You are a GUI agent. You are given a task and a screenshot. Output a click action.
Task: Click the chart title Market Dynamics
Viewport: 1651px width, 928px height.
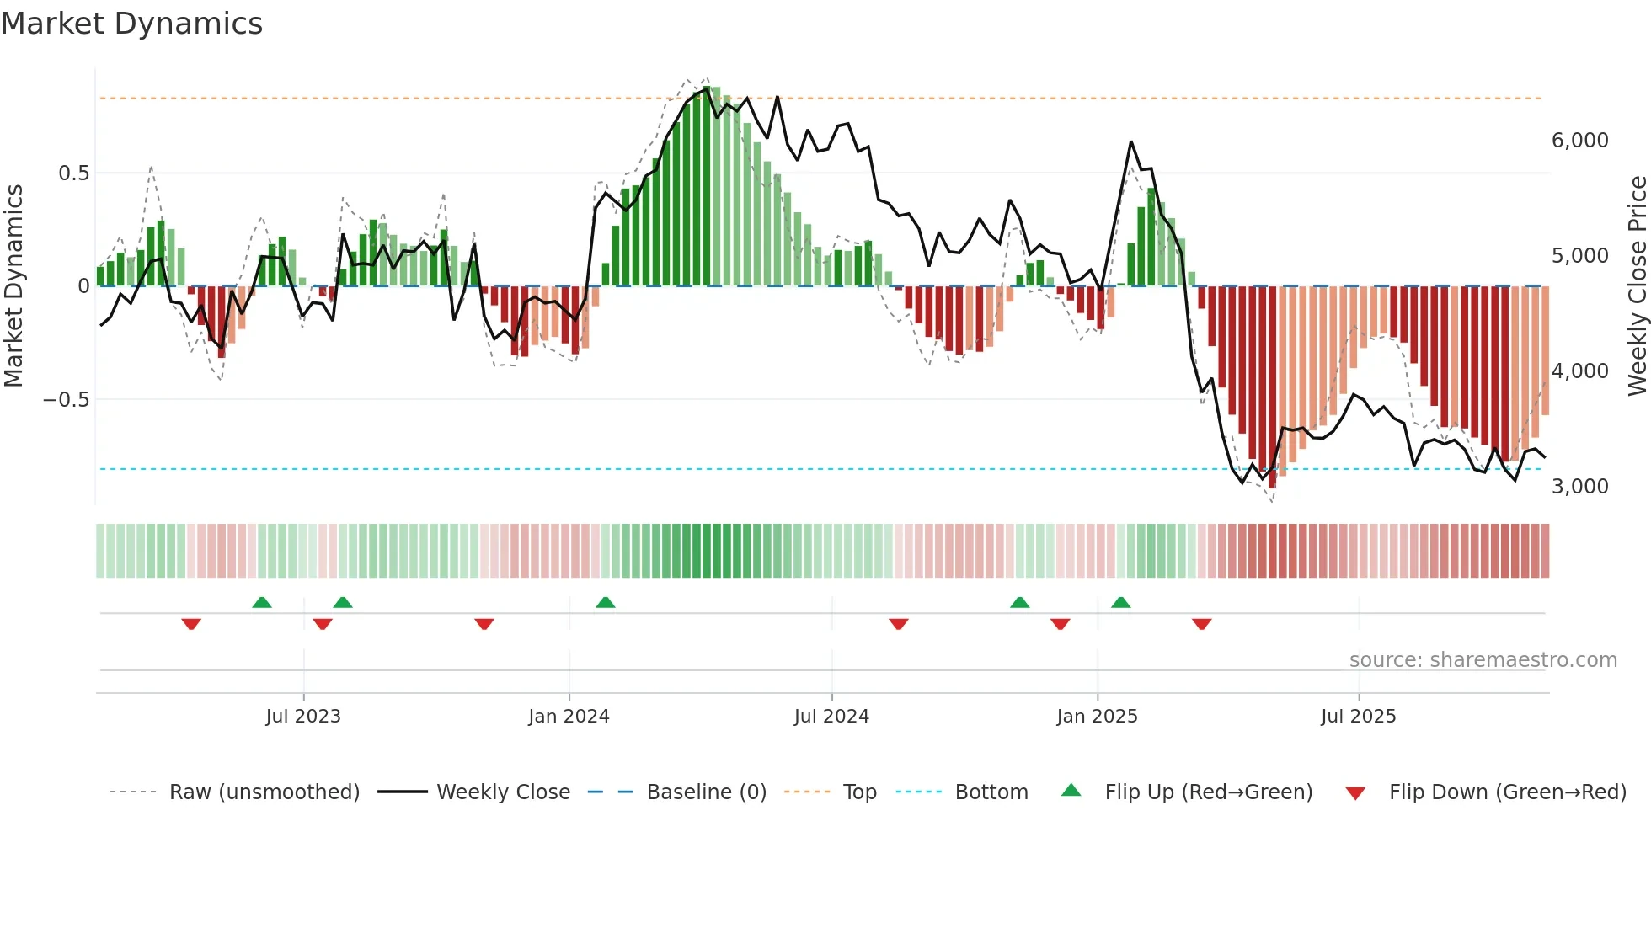coord(131,24)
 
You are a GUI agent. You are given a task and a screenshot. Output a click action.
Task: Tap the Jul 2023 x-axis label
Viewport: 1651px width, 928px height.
coord(303,717)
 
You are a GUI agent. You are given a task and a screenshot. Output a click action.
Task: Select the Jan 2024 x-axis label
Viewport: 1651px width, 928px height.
coord(569,717)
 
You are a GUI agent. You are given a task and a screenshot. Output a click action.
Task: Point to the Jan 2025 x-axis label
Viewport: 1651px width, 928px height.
coord(1097,717)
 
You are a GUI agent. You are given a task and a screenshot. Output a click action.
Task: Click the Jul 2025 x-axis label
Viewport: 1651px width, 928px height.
coord(1358,717)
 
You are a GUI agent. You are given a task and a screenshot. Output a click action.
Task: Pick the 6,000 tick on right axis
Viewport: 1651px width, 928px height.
coord(1579,141)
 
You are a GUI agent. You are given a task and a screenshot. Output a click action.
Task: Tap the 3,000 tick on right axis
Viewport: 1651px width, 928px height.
coord(1579,487)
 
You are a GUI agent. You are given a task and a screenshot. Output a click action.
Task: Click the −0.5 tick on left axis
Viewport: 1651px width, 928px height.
coord(67,400)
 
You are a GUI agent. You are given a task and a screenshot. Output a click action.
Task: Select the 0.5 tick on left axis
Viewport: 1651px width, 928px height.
coord(73,173)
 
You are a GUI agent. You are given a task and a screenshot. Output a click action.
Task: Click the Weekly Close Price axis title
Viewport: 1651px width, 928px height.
coord(1637,286)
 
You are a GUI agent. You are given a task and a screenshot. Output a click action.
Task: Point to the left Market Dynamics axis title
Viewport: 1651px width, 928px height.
coord(13,286)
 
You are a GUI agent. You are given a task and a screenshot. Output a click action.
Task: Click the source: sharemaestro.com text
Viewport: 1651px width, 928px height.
coord(1483,660)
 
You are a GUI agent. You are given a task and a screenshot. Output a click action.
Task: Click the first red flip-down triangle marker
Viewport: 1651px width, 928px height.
coord(191,624)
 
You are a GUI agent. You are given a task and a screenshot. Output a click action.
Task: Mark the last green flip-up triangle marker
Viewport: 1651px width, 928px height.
coord(1120,603)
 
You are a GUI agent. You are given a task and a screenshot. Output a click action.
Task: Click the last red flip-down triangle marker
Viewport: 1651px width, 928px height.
coord(1202,624)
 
